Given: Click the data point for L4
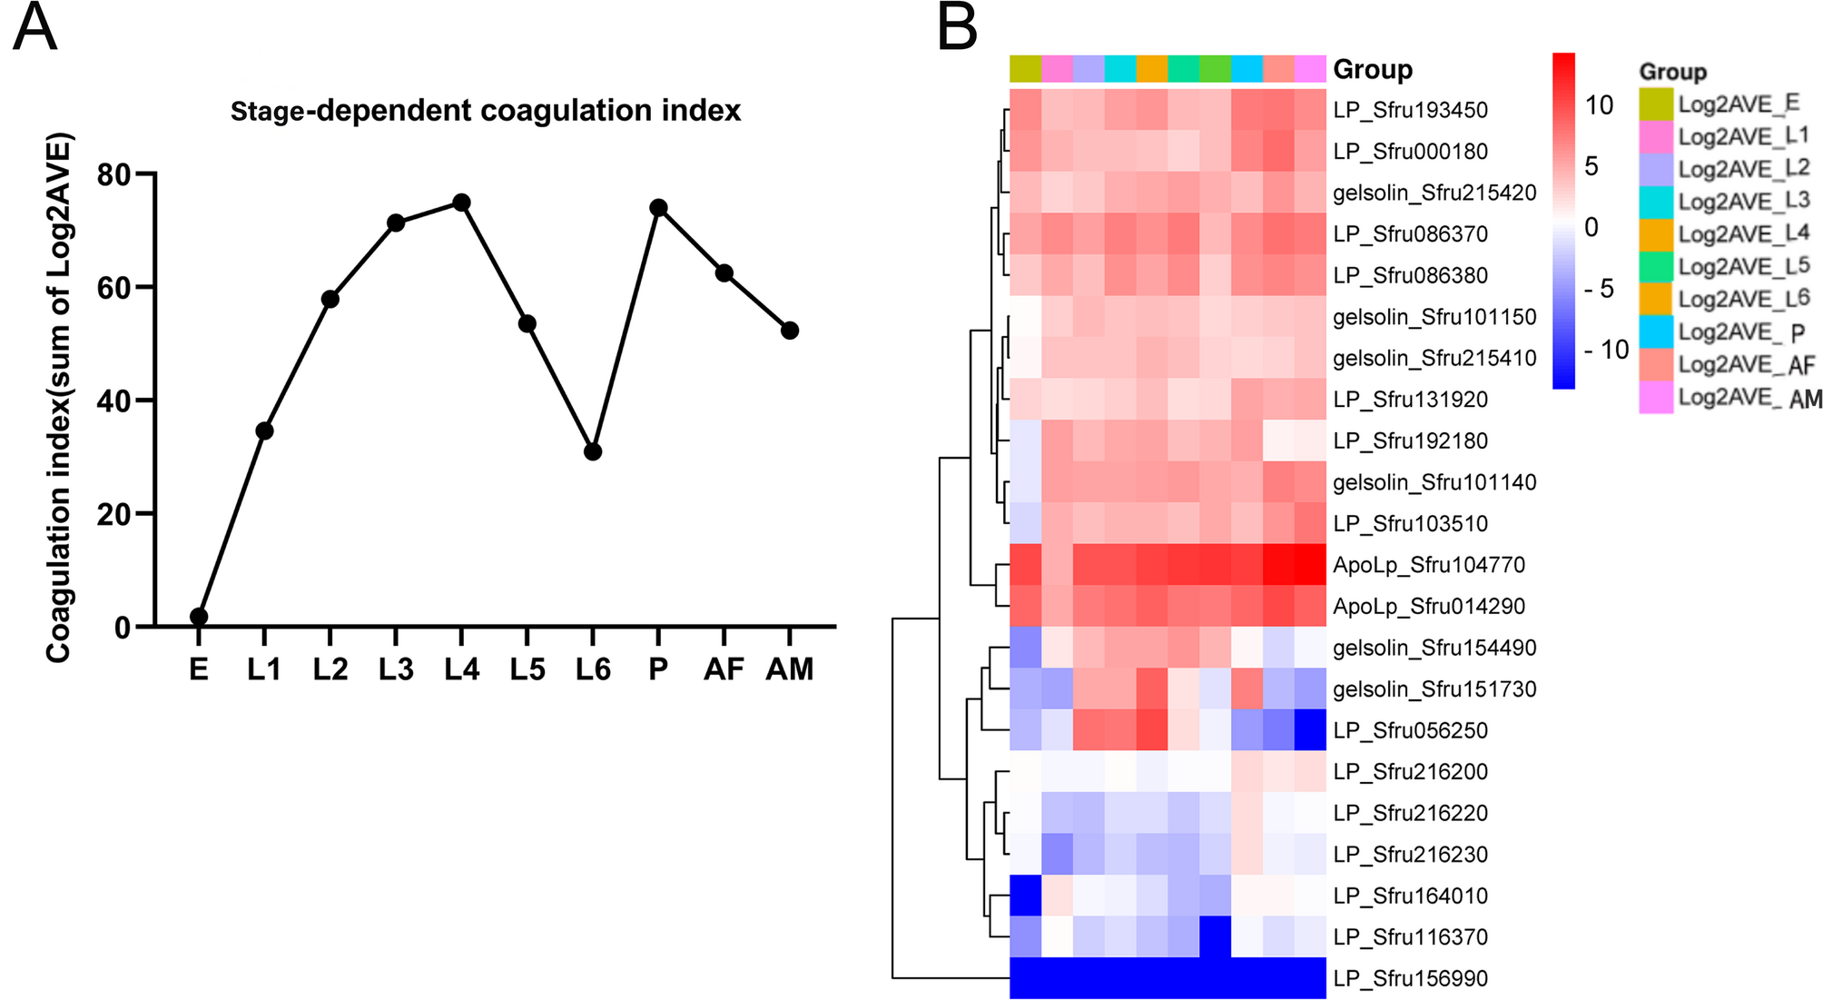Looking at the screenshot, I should coord(461,202).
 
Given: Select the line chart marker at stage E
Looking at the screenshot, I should coord(199,617).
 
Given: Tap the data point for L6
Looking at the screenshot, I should coord(593,451).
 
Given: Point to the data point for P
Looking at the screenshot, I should coord(658,208).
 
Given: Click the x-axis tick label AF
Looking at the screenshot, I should coord(724,669).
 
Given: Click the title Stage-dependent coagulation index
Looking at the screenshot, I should coord(486,111).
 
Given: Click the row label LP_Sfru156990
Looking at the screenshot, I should coord(1411,978).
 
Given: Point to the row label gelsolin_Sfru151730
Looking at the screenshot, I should coord(1434,689).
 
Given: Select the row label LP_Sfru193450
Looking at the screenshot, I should coord(1411,110).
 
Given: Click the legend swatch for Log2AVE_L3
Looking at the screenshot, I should coord(1656,202).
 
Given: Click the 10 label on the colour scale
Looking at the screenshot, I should coord(1599,105).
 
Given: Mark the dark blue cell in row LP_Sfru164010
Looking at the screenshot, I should coord(1026,896).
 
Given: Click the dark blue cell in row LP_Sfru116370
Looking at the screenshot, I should coord(1215,936).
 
